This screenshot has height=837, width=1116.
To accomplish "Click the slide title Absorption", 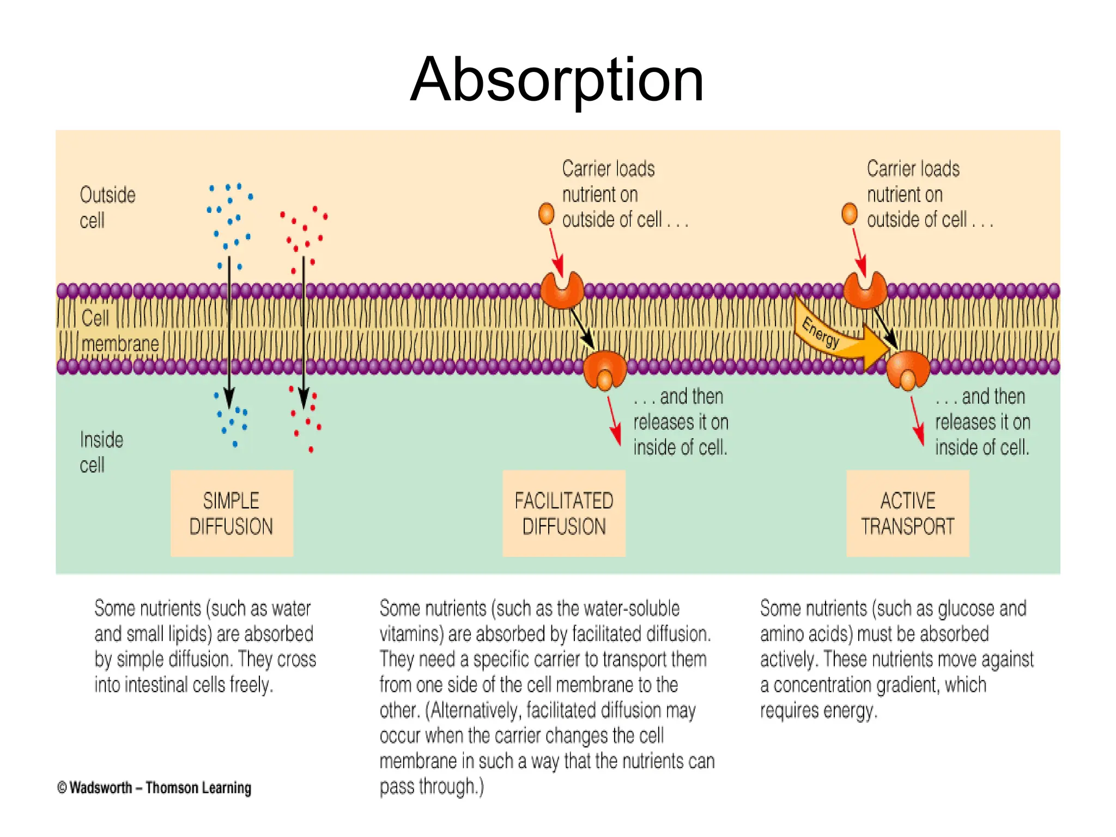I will (x=557, y=81).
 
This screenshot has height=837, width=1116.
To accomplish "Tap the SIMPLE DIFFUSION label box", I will (x=232, y=513).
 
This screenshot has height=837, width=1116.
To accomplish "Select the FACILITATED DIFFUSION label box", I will (x=564, y=513).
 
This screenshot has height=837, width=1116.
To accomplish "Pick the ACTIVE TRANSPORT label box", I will (x=908, y=513).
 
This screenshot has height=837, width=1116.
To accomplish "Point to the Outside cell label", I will (x=107, y=208).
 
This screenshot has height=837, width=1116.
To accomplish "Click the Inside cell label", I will (x=101, y=452).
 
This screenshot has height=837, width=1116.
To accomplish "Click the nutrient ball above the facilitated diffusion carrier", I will (x=546, y=214).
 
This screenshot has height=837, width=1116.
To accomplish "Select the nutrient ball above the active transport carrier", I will (x=850, y=214).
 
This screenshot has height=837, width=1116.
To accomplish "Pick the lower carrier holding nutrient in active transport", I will (x=907, y=369).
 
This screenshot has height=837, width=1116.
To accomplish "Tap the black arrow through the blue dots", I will (x=229, y=332).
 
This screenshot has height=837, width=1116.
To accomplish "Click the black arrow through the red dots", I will (x=304, y=332).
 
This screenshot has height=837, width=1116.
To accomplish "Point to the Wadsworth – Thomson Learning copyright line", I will (x=155, y=788).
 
